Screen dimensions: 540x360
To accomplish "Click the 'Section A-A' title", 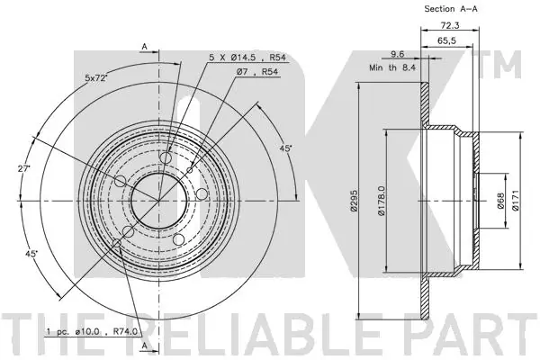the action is point(451,9).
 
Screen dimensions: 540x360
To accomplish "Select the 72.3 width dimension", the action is point(450,25).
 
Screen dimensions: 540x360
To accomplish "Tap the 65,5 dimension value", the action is point(446,40).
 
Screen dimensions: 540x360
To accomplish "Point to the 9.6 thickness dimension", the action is point(397,54).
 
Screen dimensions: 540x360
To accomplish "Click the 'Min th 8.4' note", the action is point(392,67).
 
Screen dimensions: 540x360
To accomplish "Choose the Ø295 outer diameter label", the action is point(353,200).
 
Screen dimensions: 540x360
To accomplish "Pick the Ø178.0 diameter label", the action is point(381,201).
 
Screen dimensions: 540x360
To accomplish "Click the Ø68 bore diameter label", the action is point(500,201).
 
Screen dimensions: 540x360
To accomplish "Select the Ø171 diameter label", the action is point(515,201).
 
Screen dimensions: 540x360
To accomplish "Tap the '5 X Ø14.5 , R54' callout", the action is point(247,58).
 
